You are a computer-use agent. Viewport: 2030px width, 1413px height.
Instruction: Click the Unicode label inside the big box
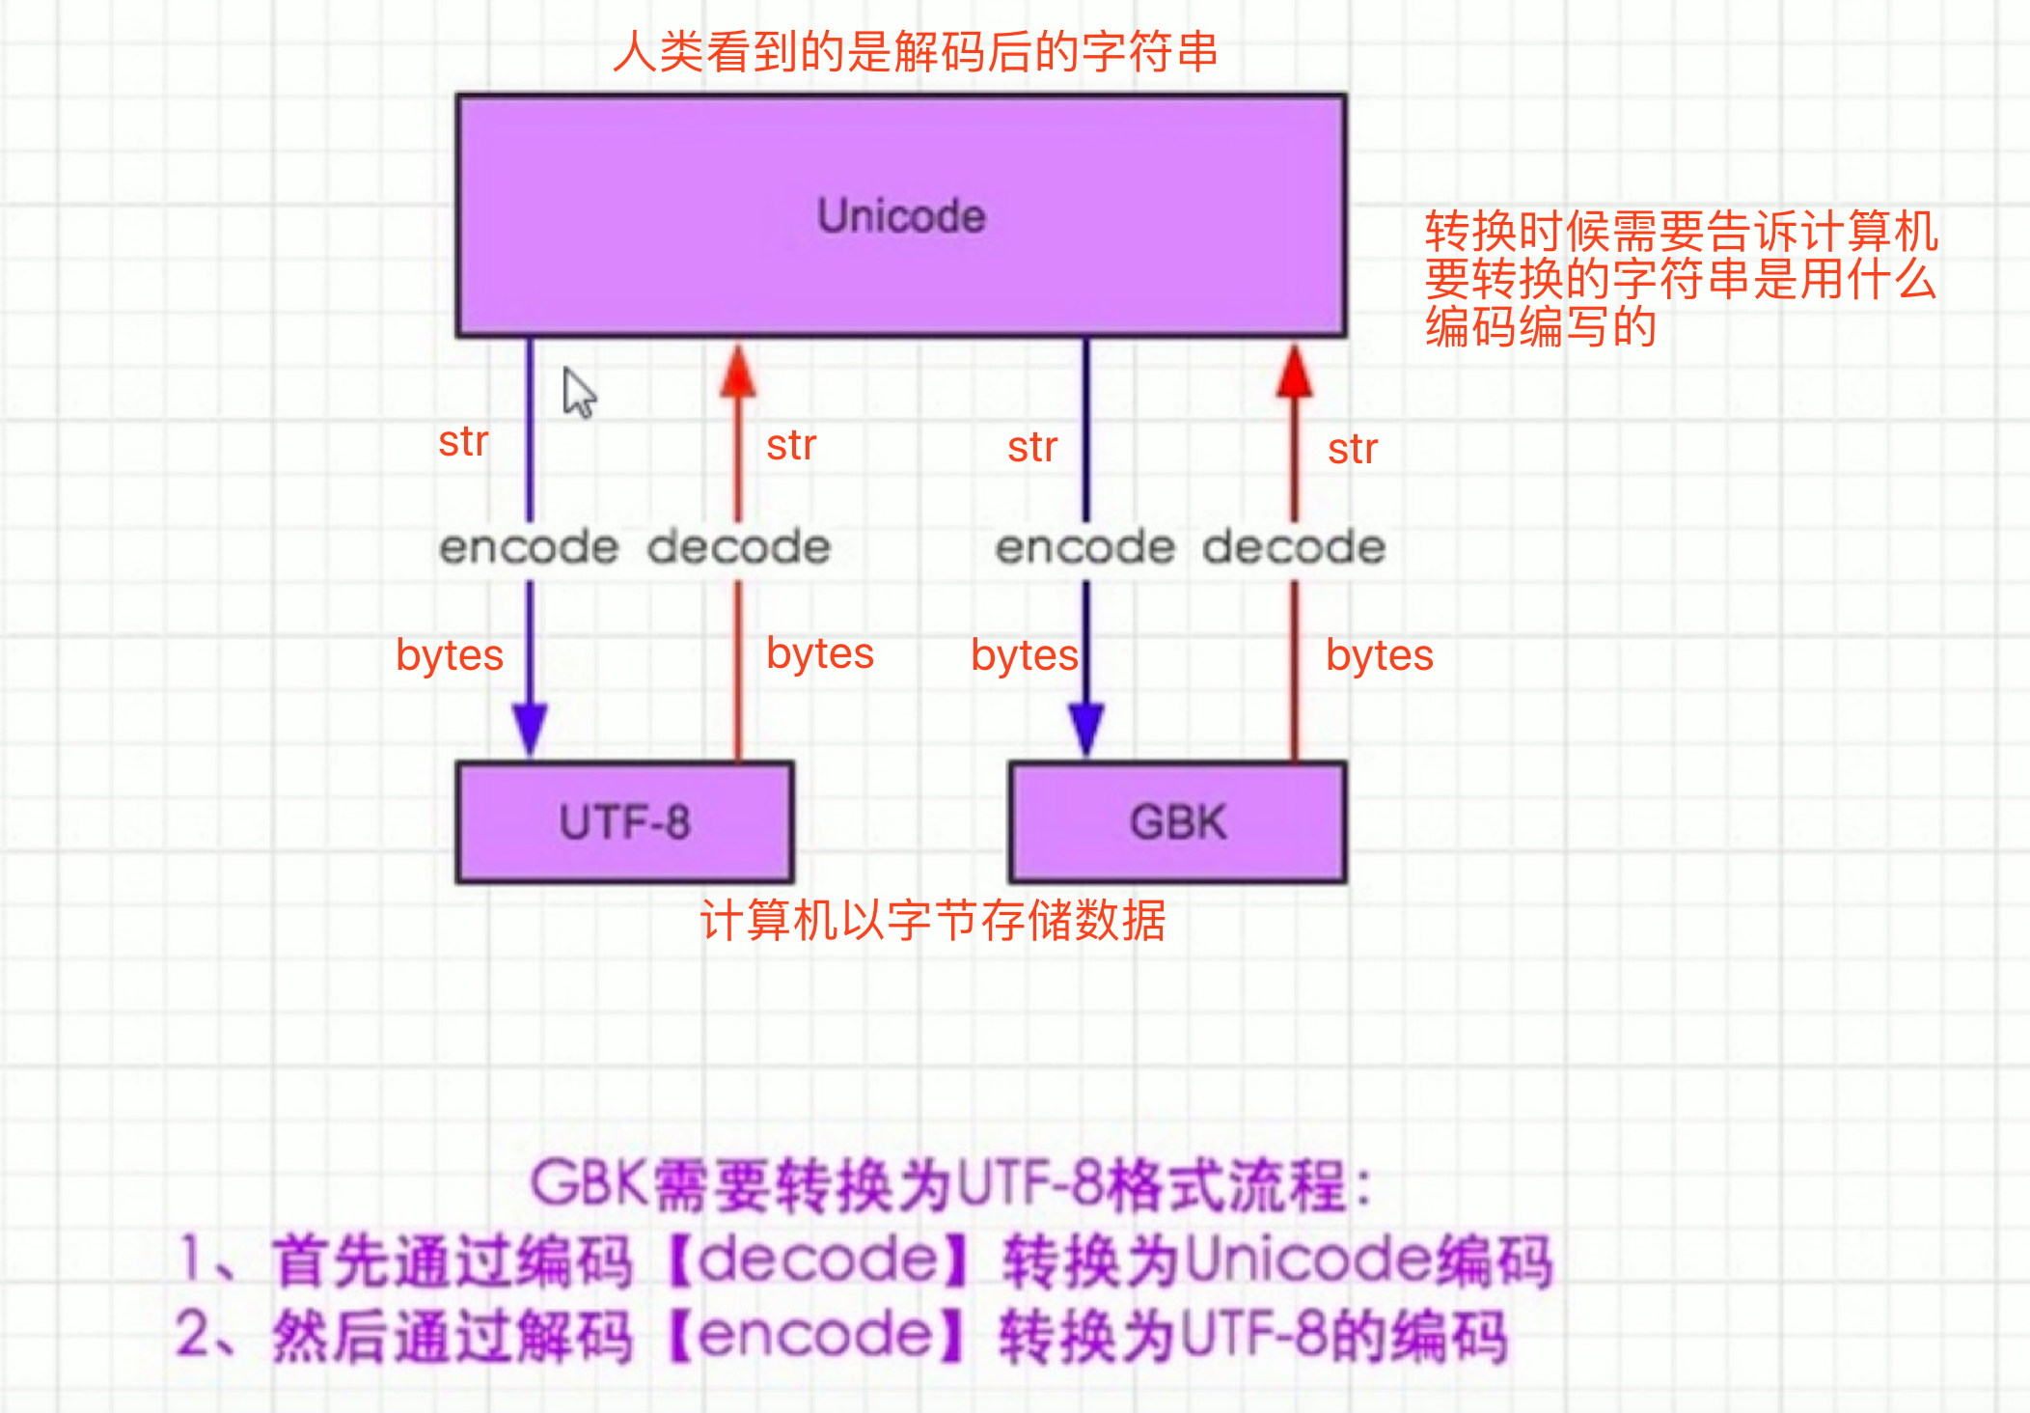point(901,216)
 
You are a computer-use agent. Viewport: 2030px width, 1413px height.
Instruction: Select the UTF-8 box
point(625,822)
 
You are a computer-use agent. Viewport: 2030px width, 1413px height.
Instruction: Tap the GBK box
point(1178,822)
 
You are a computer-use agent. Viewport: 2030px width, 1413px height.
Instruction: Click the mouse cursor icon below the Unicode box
point(580,393)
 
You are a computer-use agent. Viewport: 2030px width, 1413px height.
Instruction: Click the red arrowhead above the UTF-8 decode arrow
point(738,371)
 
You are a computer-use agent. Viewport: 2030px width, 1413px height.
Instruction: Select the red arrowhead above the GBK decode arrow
point(1294,371)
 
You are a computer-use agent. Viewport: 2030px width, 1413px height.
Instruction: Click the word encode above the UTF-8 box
point(529,547)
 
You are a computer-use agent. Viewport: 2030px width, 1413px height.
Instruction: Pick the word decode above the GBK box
point(1294,547)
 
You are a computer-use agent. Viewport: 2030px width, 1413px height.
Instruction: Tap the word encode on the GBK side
point(1085,547)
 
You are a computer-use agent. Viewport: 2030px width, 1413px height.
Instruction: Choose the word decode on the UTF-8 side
point(739,547)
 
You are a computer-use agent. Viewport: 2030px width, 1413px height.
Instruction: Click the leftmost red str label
point(463,442)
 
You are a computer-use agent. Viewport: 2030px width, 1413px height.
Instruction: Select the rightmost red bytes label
point(1380,656)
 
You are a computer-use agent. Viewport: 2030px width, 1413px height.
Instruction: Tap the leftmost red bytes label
point(450,656)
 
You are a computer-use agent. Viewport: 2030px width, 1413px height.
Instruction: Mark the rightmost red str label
point(1353,450)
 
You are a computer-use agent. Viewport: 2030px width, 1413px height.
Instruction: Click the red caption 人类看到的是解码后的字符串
point(915,51)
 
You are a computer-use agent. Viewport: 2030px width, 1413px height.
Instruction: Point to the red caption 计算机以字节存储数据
point(933,920)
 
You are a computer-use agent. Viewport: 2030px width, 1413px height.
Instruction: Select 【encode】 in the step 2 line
point(816,1336)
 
